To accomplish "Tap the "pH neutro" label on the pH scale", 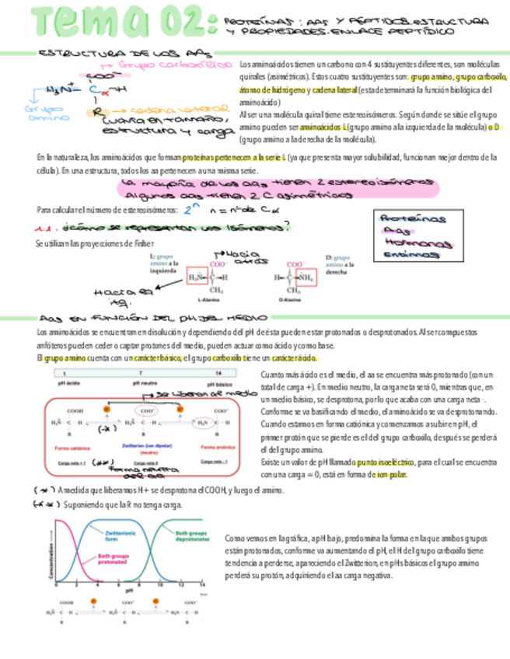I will (140, 382).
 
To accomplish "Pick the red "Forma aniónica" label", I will (216, 446).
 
